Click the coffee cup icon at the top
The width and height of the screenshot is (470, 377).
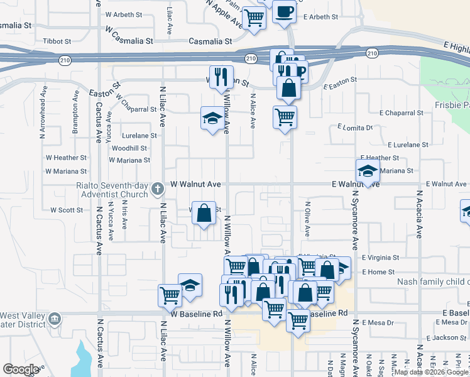coord(284,12)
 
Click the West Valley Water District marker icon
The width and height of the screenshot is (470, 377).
coord(55,320)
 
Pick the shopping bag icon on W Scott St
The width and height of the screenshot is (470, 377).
coord(204,213)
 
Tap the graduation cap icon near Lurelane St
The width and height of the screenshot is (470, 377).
coord(212,117)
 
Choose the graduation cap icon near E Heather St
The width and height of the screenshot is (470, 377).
coord(367,170)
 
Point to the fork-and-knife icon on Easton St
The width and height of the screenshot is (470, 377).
coord(221,77)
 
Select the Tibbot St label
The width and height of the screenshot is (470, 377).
coord(57,41)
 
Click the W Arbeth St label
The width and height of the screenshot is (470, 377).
coord(124,14)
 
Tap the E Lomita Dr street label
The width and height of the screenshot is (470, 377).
coord(355,128)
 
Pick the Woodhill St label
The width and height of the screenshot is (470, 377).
coord(129,148)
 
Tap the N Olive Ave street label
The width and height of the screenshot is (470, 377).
coord(308,217)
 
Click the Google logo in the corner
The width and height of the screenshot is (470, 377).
coord(21,369)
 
